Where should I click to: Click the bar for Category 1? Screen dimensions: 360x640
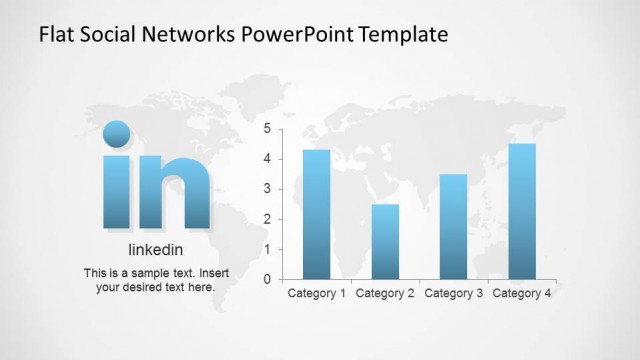(x=316, y=214)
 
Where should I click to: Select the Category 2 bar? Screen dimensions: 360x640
(x=385, y=241)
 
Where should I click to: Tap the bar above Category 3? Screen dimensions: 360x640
(x=453, y=226)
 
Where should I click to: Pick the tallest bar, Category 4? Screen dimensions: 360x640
(x=522, y=211)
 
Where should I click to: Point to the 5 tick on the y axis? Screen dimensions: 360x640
(x=267, y=129)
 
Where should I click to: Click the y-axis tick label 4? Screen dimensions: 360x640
(x=267, y=159)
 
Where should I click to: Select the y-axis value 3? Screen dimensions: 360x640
(x=267, y=189)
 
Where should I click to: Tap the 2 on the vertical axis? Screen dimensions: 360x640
(x=267, y=219)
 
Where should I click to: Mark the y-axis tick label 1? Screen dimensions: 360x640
(x=267, y=249)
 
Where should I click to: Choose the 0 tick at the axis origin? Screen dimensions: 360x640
(x=267, y=279)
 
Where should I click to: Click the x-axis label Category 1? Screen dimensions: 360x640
(x=317, y=294)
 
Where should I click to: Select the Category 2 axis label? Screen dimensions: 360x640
(x=385, y=294)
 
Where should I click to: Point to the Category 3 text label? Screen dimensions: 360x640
(x=453, y=294)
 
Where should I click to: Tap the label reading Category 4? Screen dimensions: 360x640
(x=522, y=294)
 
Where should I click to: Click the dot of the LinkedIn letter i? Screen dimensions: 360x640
(x=117, y=134)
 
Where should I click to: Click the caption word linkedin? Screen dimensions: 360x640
(x=156, y=250)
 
